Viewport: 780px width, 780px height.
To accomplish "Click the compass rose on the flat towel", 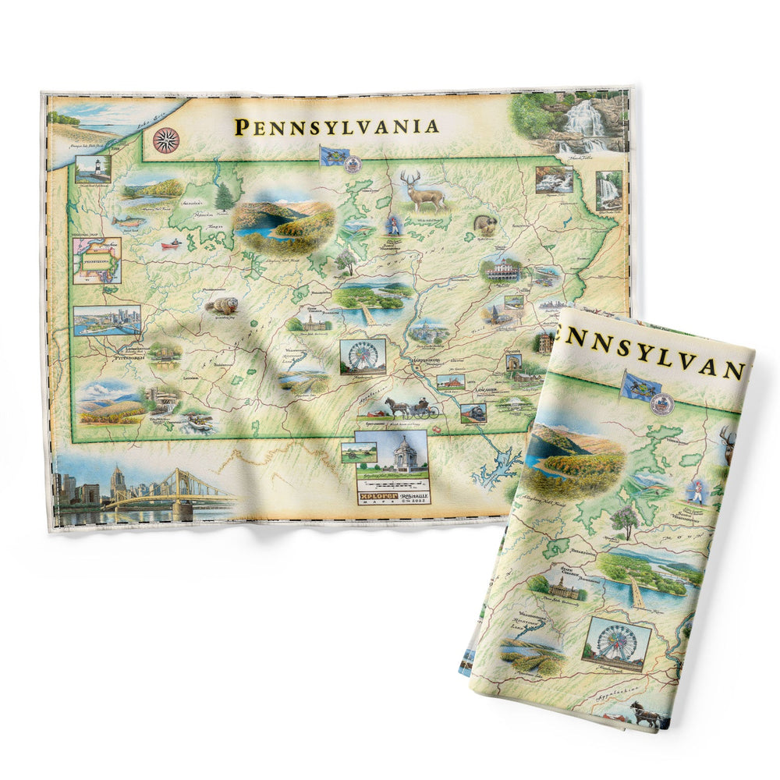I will [165, 140].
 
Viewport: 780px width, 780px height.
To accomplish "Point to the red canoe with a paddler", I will [168, 244].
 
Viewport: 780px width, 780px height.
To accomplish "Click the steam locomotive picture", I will [473, 413].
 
